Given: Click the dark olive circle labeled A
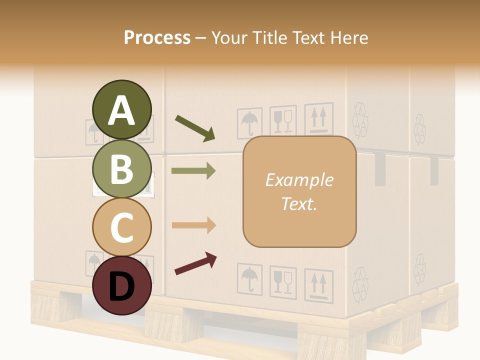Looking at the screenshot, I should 122,110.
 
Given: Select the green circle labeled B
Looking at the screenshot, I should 122,168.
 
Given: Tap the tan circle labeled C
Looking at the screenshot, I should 122,227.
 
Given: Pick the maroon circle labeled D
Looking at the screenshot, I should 122,285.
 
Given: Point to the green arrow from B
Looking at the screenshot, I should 193,171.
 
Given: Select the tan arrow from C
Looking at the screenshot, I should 193,225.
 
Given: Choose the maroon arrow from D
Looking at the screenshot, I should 195,263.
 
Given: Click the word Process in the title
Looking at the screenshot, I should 157,37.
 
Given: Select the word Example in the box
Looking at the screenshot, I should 299,180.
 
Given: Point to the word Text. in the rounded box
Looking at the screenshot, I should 299,203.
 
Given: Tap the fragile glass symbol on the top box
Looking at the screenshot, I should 283,120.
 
